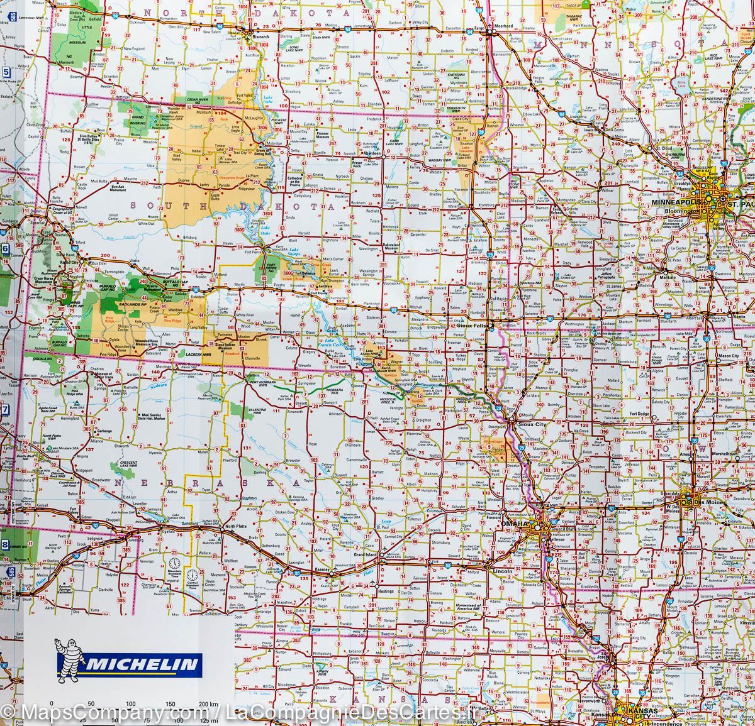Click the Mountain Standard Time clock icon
coord(174,563)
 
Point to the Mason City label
coord(729,356)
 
